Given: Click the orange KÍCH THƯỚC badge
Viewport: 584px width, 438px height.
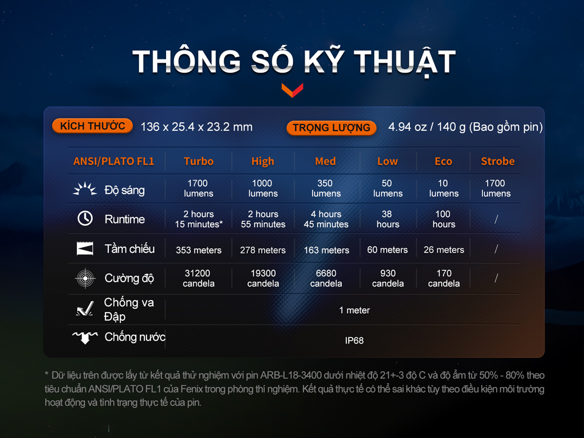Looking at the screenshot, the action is (x=92, y=126).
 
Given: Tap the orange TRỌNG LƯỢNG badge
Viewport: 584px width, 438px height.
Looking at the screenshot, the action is (x=331, y=128).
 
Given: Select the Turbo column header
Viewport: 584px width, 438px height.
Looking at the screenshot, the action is (x=198, y=161).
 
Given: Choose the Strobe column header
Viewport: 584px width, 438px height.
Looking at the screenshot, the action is (x=497, y=161).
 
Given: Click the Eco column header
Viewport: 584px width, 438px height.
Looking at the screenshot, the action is (x=443, y=161).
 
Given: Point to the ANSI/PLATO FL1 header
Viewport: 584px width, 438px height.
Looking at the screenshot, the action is (x=114, y=161).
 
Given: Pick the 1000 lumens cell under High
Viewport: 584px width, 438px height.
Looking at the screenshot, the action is (x=263, y=188).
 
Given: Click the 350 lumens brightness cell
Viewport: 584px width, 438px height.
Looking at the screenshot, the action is (x=326, y=188).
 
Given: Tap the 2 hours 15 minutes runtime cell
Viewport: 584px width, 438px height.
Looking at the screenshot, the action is (x=198, y=219).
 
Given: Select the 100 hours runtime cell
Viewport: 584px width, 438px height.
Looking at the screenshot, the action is (x=443, y=219).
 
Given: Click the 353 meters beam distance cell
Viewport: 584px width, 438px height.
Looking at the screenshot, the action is (x=198, y=250).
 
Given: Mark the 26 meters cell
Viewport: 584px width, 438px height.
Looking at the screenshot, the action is (x=443, y=249).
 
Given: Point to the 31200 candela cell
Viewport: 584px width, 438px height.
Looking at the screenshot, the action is (x=198, y=278).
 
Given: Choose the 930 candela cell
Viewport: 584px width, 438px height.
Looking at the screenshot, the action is (x=388, y=278).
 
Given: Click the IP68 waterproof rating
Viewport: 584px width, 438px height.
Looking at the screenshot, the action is (x=354, y=341).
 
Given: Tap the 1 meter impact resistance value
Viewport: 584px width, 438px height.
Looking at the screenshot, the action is (x=354, y=310).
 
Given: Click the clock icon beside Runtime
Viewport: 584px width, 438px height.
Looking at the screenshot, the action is (x=85, y=218).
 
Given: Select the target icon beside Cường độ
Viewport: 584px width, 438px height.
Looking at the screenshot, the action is (x=85, y=278).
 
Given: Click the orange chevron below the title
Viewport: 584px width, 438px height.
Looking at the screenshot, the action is (x=293, y=90).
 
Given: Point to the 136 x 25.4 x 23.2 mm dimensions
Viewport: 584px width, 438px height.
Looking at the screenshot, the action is (x=196, y=127).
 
